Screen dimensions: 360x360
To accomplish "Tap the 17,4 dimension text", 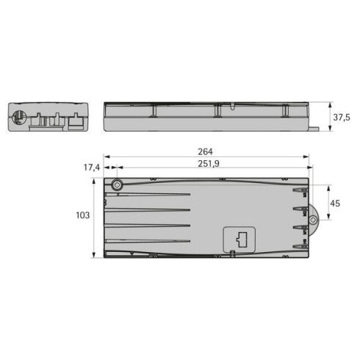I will point(91,168).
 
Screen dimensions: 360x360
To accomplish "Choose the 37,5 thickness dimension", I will point(340,118).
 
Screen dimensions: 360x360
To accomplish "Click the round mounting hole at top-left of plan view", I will point(116,185).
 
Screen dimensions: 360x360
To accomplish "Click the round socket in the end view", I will point(18,116).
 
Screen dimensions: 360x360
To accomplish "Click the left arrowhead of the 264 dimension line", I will point(105,156).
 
